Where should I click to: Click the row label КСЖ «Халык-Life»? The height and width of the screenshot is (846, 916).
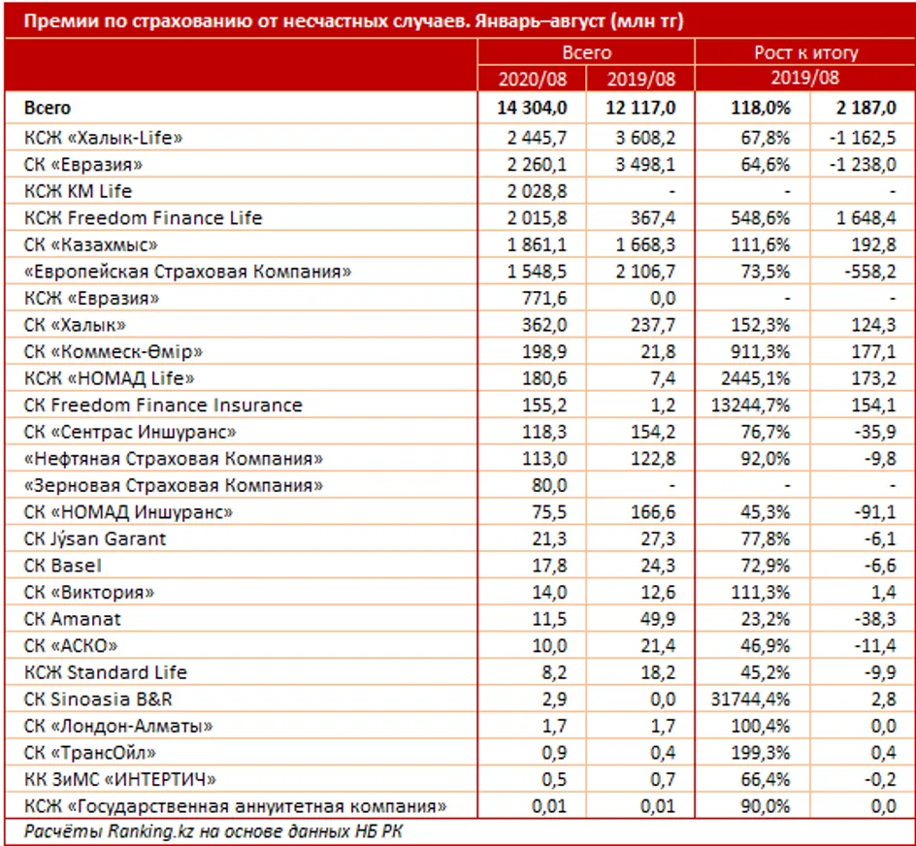(x=105, y=138)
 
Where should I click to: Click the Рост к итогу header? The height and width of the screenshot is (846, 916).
(x=805, y=53)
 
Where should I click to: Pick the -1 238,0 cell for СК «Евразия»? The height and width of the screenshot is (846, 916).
(x=858, y=165)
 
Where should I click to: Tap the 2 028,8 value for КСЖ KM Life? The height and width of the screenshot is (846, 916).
(x=539, y=191)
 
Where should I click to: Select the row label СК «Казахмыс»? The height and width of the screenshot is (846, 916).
(x=91, y=244)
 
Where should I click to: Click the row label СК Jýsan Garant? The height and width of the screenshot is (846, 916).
(x=95, y=538)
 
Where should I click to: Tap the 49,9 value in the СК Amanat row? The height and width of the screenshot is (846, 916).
(x=657, y=619)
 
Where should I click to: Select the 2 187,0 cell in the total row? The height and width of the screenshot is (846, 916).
(x=860, y=109)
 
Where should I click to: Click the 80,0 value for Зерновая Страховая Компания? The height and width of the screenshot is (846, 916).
(x=548, y=485)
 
